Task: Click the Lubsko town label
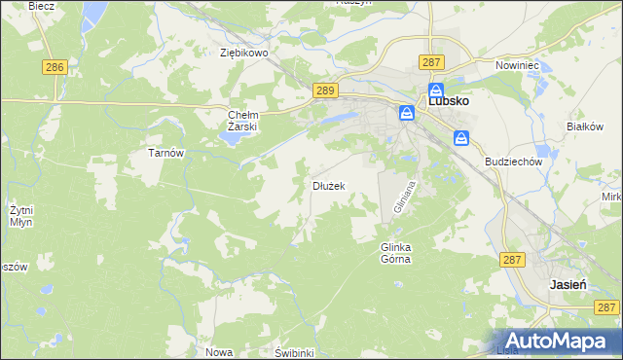pos(450,100)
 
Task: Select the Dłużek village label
pos(328,185)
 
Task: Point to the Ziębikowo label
pos(243,54)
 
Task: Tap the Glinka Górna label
pos(395,253)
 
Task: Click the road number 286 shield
pos(55,67)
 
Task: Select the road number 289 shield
pos(326,90)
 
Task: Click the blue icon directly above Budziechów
pos(463,138)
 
